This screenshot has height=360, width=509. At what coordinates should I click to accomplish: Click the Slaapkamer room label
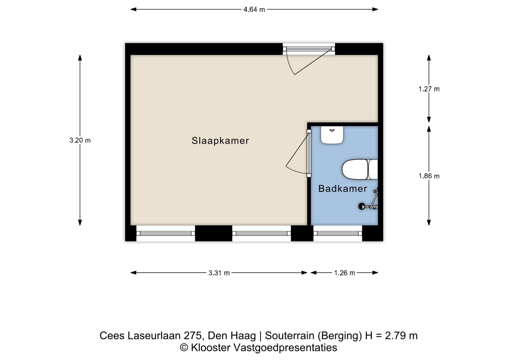(220, 141)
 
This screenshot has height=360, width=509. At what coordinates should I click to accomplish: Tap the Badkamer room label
(343, 188)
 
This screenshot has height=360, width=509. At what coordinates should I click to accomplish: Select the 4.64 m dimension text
(254, 10)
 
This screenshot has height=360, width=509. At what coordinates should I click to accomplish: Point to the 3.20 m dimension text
(80, 140)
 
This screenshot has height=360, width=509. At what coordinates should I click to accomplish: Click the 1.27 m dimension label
(429, 89)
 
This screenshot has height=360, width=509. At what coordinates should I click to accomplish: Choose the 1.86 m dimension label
(429, 176)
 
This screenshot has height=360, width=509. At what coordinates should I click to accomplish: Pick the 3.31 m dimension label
(219, 273)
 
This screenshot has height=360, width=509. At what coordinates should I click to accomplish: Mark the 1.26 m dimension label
(344, 273)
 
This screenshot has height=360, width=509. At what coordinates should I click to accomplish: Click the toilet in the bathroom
(360, 169)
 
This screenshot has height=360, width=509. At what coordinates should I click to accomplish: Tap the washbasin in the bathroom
(332, 135)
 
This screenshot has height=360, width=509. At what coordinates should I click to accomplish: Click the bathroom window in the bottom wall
(338, 234)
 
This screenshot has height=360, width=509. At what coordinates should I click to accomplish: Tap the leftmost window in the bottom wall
(166, 234)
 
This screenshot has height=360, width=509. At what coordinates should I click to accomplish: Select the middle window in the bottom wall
(262, 234)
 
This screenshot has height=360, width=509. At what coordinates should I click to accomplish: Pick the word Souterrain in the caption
(289, 336)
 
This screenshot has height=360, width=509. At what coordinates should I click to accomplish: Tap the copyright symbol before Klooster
(184, 348)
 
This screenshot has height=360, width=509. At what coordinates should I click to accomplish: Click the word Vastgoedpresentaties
(285, 348)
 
